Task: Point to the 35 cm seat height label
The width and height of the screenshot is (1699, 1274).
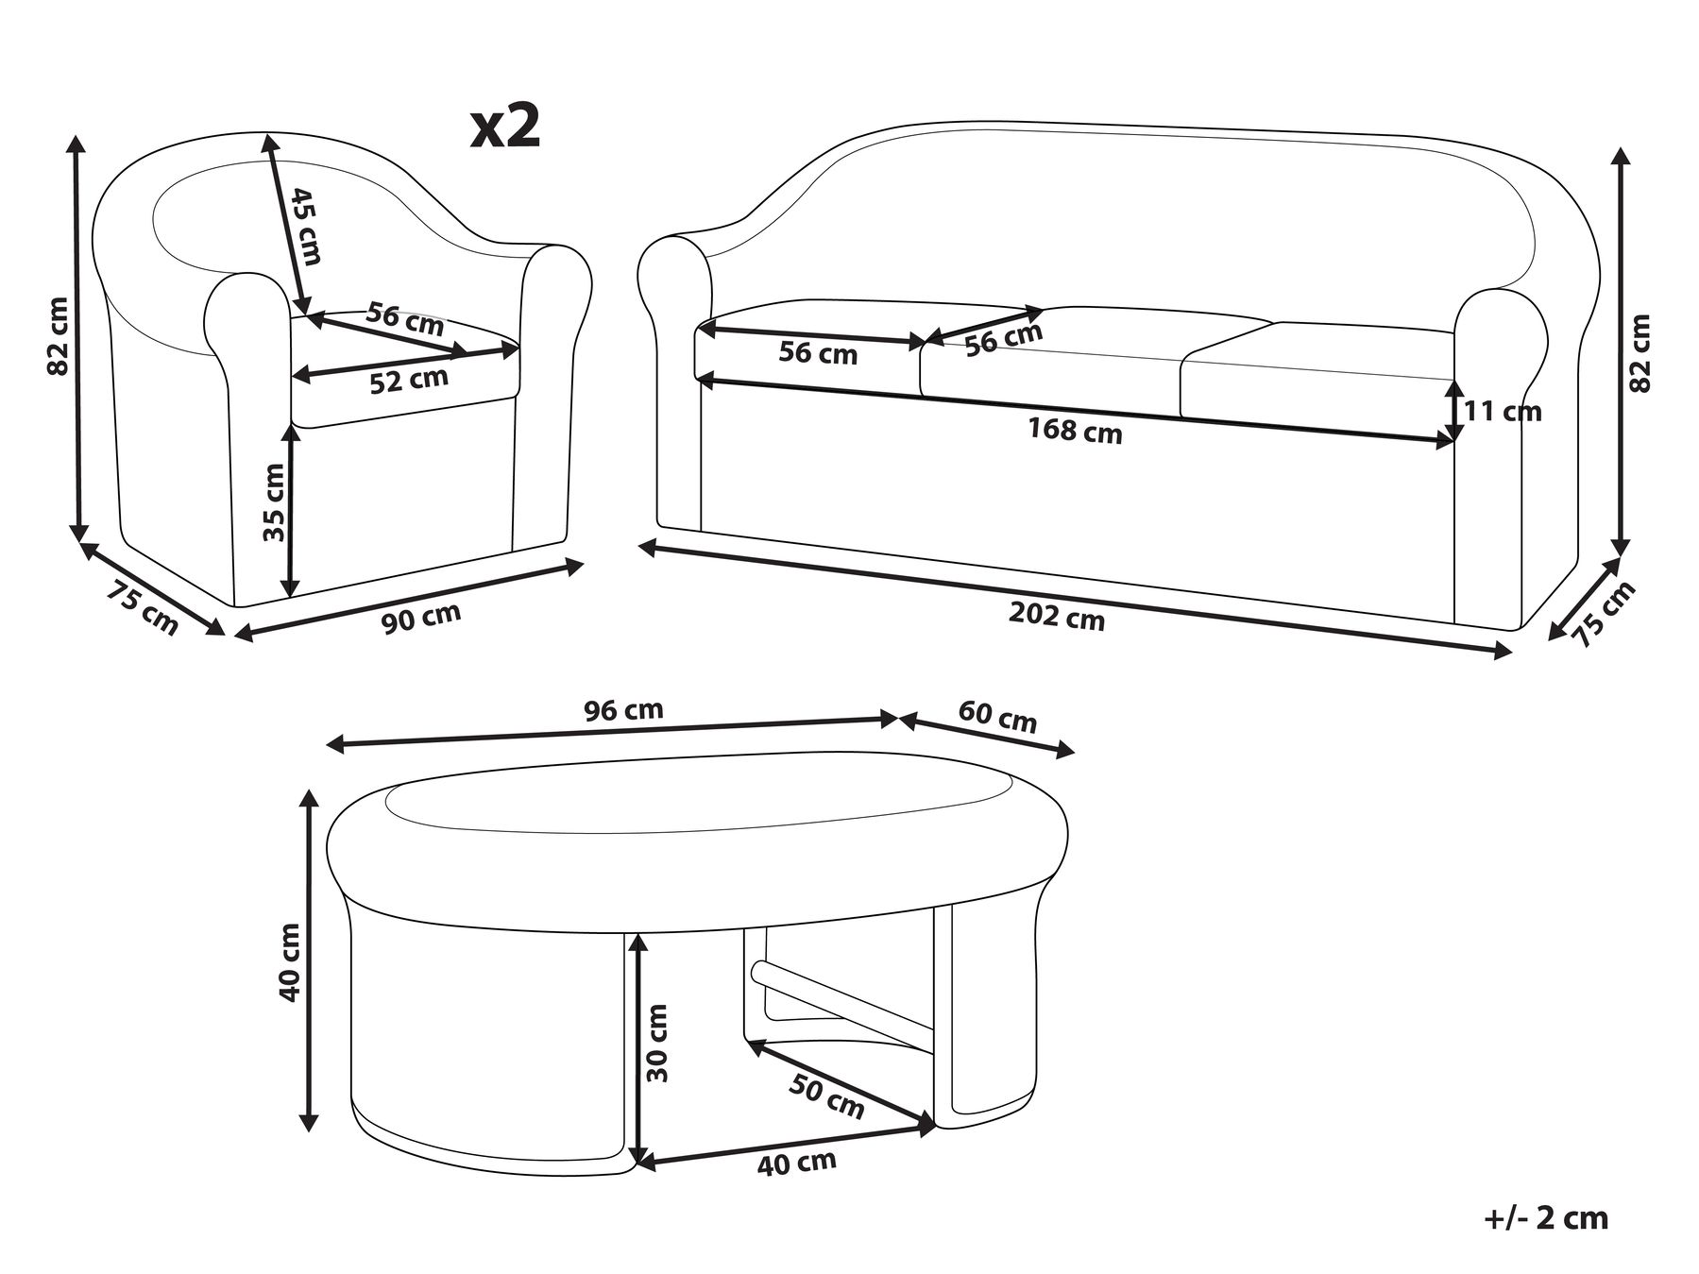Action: pyautogui.click(x=274, y=501)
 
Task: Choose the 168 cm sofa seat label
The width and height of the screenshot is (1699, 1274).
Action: pyautogui.click(x=1075, y=430)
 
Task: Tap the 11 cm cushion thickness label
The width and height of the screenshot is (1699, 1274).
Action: pyautogui.click(x=1503, y=411)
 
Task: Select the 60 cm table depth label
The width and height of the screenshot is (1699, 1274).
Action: pyautogui.click(x=997, y=718)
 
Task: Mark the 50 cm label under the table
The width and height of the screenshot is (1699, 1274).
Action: pyautogui.click(x=825, y=1097)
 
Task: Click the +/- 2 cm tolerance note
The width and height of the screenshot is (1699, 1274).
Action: pyautogui.click(x=1545, y=1217)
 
